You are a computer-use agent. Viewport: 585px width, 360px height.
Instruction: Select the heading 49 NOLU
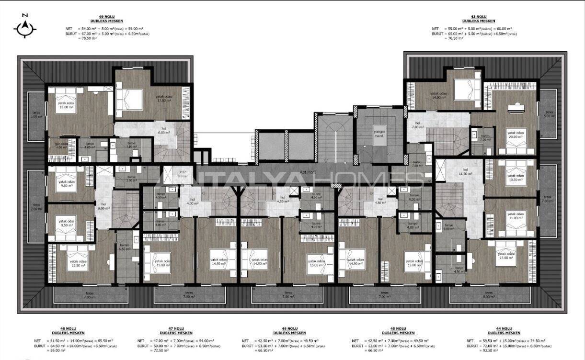(107, 18)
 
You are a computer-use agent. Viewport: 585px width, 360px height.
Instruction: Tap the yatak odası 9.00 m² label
(66, 184)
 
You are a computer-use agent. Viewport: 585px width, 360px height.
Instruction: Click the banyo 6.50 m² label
(125, 247)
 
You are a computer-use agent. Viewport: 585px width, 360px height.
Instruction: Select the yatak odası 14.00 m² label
(438, 95)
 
